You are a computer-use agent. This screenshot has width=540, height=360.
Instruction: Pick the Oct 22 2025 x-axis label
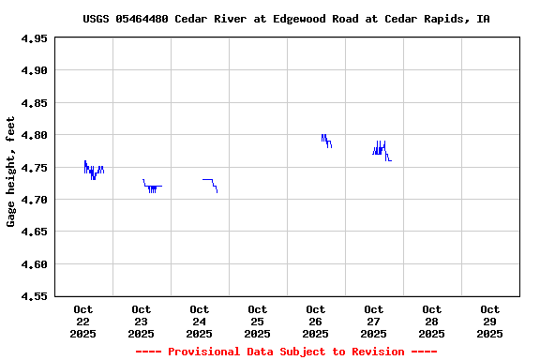point(83,321)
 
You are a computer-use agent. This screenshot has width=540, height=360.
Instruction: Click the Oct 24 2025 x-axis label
point(200,321)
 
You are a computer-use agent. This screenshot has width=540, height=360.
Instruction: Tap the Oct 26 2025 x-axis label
point(316,321)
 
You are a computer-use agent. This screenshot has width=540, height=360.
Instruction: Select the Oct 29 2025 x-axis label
point(490,321)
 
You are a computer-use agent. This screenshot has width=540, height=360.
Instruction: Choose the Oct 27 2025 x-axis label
point(374,321)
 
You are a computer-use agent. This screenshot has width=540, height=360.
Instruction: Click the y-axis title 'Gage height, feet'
point(11,172)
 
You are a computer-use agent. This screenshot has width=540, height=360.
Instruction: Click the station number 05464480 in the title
point(142,19)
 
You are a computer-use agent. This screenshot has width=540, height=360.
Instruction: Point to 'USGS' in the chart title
point(97,19)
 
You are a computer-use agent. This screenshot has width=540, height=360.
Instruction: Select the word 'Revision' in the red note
point(374,352)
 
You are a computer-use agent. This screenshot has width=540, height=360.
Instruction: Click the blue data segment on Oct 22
point(93,170)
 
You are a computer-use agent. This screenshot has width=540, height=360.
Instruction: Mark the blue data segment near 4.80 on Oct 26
point(325,140)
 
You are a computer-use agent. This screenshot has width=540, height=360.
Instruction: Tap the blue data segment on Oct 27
point(380,149)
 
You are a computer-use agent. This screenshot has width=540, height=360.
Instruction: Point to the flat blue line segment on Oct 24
point(207,179)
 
